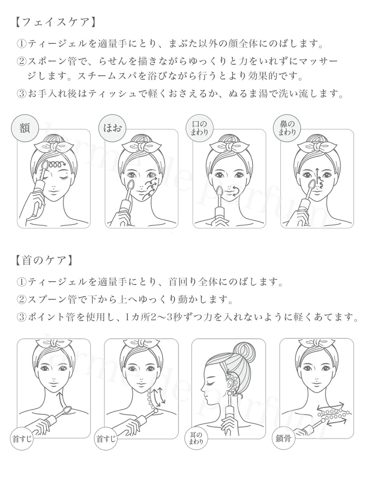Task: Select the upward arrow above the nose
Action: (316, 173)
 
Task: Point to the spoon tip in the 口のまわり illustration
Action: (220, 192)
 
